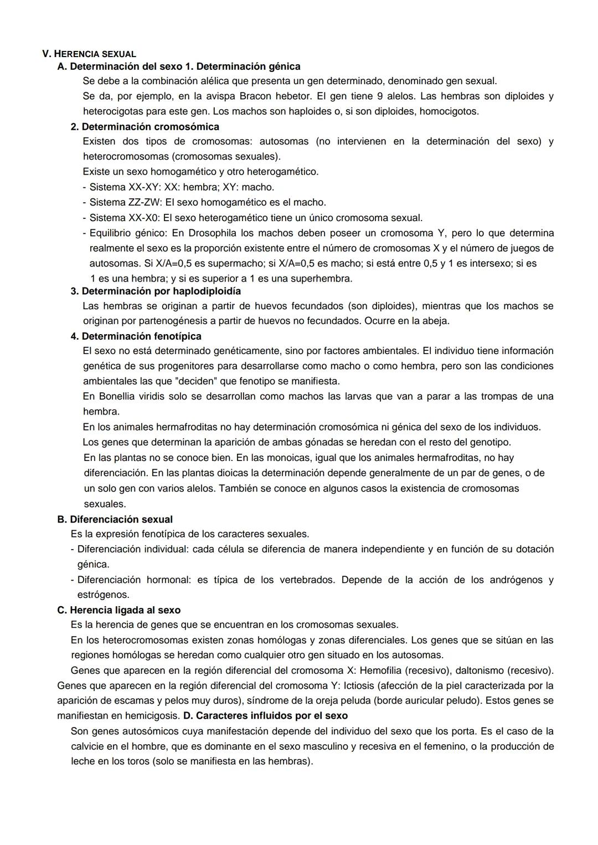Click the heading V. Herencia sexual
pos(89,54)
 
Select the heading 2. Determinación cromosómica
pos(145,126)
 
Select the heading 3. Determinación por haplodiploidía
pos(156,291)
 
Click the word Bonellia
pos(117,396)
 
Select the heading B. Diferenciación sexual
pos(115,519)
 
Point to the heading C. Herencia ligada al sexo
pos(118,610)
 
